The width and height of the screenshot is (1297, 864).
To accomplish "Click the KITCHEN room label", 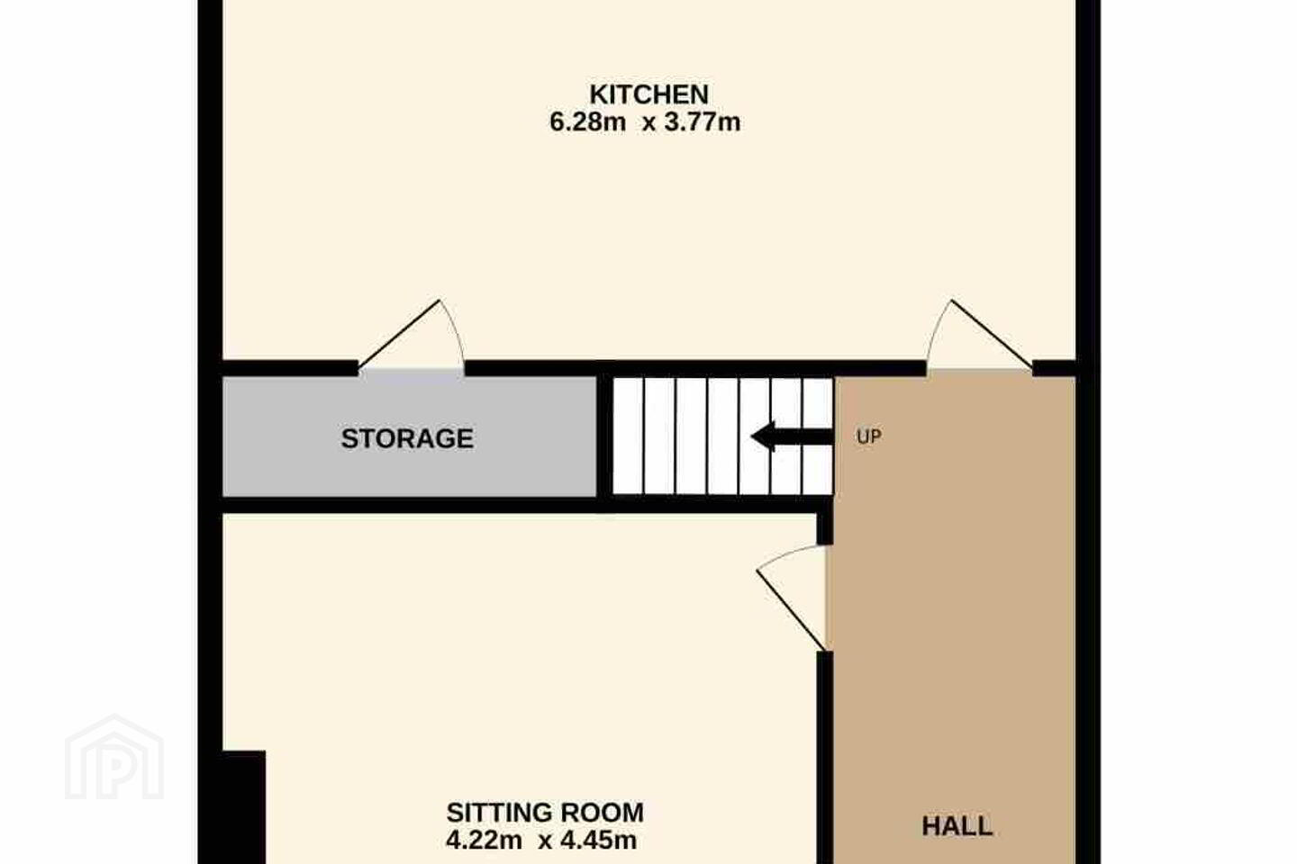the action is click(x=648, y=94).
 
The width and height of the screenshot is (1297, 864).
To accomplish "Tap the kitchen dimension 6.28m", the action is click(x=587, y=122).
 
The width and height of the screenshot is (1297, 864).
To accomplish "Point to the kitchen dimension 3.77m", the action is click(x=702, y=122).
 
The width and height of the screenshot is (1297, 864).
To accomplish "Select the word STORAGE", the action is click(x=407, y=438).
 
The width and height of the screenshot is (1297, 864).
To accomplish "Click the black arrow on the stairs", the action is click(x=792, y=436).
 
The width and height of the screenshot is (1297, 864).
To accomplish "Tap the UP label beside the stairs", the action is click(x=868, y=436).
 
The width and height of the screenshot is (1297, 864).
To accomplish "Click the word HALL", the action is click(x=957, y=826).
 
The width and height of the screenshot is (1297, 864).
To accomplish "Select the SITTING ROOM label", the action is click(x=545, y=813).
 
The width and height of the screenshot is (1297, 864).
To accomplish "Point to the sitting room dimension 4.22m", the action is click(x=484, y=841).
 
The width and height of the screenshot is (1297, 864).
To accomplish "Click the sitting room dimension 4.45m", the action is click(x=598, y=841).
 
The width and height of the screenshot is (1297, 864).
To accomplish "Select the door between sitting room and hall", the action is click(x=791, y=598).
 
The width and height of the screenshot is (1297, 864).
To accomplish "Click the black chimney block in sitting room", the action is click(x=244, y=806).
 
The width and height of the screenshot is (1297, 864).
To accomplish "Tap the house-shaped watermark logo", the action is click(x=114, y=758).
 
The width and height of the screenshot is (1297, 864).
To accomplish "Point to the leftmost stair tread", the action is click(x=628, y=436).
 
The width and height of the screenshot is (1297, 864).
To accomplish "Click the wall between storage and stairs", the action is click(x=604, y=436).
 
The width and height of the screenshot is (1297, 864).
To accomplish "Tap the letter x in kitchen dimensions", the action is click(x=648, y=124).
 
